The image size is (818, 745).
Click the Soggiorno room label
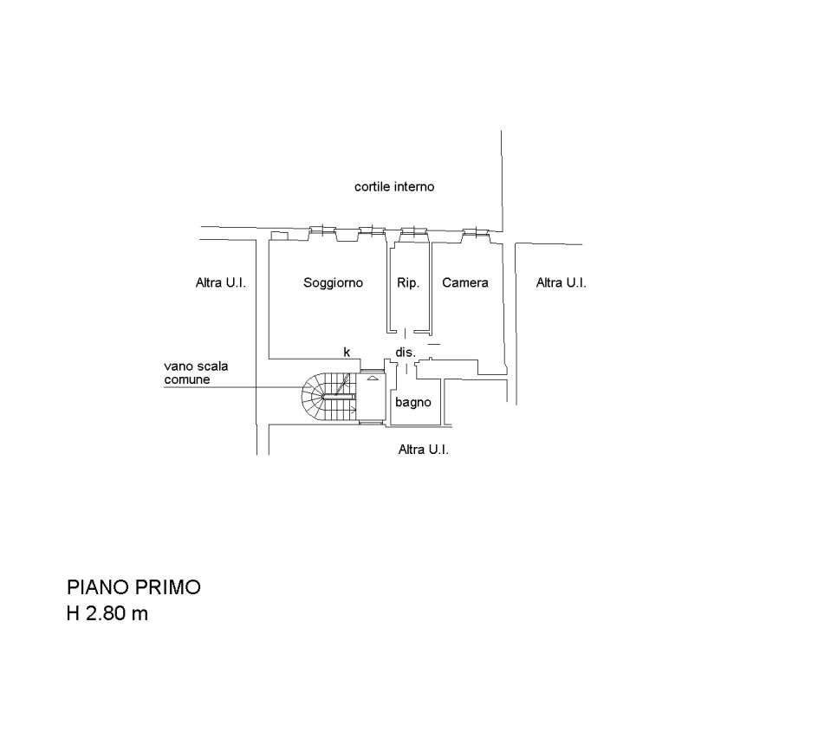click(x=333, y=283)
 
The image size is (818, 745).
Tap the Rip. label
click(x=408, y=283)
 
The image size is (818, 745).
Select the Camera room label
click(x=464, y=282)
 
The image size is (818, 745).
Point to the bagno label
click(x=413, y=402)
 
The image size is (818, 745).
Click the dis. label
click(x=406, y=353)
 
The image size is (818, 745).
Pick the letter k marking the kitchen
click(x=347, y=353)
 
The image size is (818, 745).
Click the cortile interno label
click(x=394, y=187)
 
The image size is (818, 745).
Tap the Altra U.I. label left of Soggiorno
click(x=221, y=282)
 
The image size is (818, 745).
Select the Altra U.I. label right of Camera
click(x=562, y=282)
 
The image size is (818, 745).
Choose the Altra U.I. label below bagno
click(x=423, y=450)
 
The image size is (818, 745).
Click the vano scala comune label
click(x=196, y=373)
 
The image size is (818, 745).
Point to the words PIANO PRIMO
click(x=133, y=587)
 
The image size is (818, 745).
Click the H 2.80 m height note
click(x=107, y=613)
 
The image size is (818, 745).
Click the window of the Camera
click(x=476, y=231)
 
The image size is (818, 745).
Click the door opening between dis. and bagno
click(x=406, y=369)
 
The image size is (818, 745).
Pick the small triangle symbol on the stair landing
click(x=372, y=379)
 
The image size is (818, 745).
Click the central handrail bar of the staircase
click(x=339, y=397)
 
